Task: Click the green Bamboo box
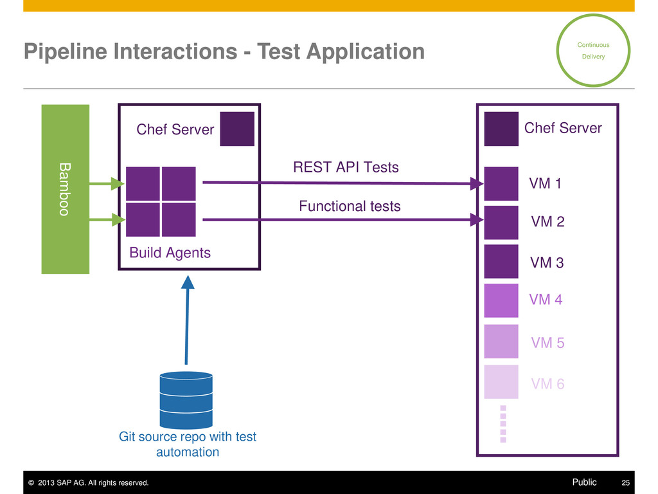point(66,189)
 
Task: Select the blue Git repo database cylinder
point(186,400)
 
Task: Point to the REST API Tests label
point(346,167)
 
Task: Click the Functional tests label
point(350,206)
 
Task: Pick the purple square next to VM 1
point(501,183)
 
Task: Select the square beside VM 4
point(501,300)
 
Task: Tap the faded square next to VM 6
point(501,381)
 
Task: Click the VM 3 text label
point(547,262)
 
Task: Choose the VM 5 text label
point(547,343)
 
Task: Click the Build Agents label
point(170,253)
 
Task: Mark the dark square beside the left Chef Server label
point(237,129)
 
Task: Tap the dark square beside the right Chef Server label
point(501,129)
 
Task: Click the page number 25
point(626,482)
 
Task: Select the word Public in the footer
point(584,482)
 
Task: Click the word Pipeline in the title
point(66,52)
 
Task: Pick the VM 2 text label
point(547,221)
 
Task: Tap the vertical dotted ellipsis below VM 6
point(503,424)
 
